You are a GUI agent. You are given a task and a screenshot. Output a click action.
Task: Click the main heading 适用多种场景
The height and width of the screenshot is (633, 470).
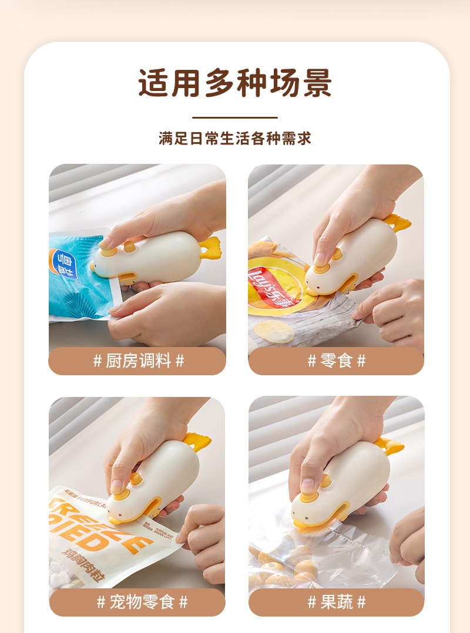[235, 83]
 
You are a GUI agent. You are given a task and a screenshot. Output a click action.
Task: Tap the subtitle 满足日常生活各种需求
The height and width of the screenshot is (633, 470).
[235, 139]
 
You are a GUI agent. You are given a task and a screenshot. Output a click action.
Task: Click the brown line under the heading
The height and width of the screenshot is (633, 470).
[235, 117]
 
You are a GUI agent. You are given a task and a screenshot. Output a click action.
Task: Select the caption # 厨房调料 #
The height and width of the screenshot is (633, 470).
[137, 361]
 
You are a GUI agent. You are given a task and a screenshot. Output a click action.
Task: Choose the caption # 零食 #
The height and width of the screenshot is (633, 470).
[336, 361]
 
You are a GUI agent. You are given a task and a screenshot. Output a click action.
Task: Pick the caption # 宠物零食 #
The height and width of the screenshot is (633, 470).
[137, 602]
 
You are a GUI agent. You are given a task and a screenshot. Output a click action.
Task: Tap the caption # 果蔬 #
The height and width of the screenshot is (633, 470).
[336, 602]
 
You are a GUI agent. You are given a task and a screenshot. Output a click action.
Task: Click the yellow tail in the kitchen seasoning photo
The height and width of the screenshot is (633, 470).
[210, 247]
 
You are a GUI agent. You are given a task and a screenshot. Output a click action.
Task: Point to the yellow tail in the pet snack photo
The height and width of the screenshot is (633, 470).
[197, 442]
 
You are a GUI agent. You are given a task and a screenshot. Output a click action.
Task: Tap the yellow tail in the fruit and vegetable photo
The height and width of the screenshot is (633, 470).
[390, 446]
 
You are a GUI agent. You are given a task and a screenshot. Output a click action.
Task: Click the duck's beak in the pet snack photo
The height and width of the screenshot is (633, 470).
[116, 519]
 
